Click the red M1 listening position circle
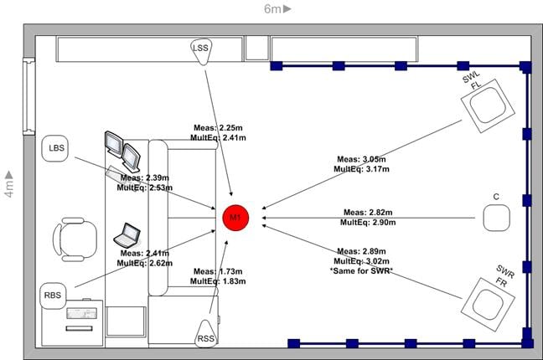click(236, 219)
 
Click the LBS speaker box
click(57, 149)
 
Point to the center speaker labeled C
click(496, 219)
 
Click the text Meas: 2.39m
click(145, 177)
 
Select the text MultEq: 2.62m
click(144, 263)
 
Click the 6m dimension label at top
click(277, 9)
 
